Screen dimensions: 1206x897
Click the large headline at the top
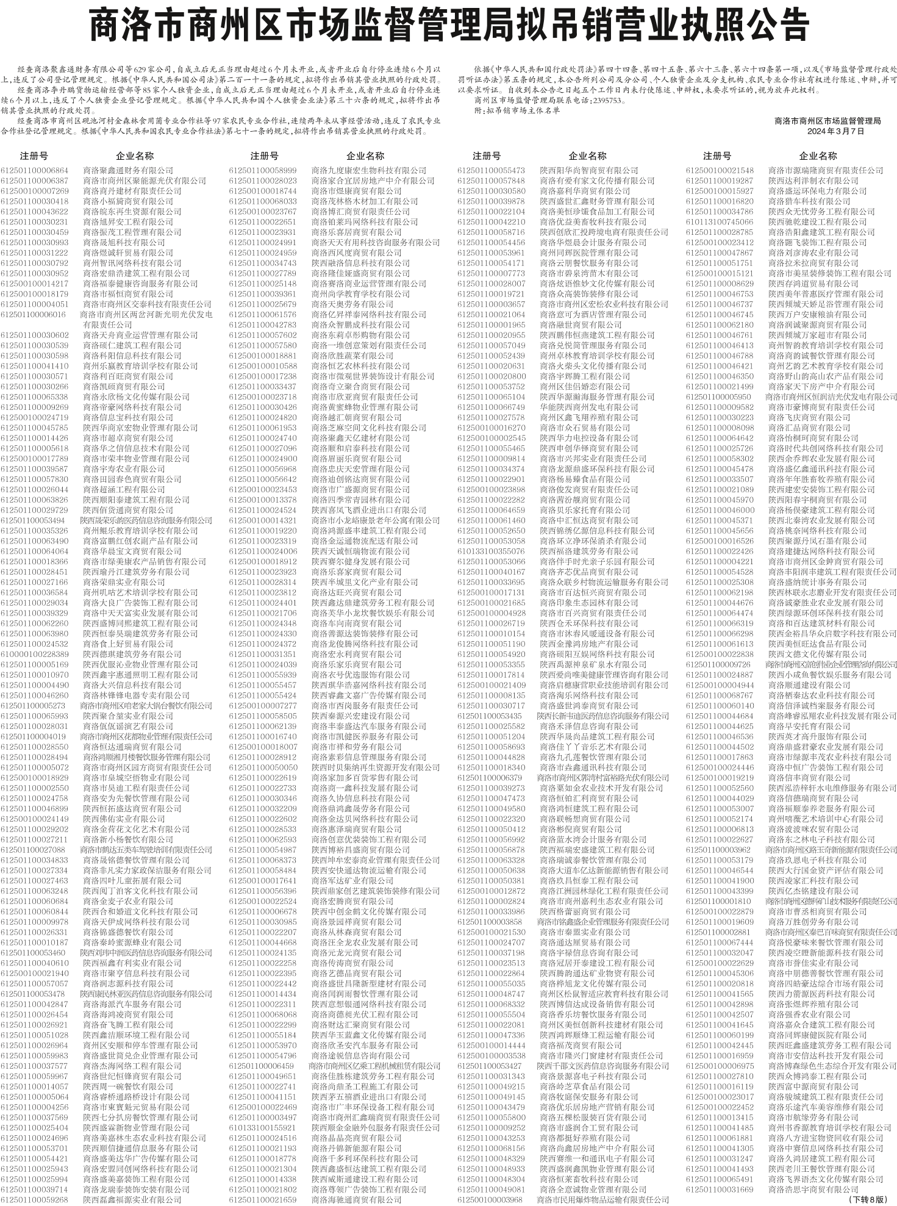click(448, 26)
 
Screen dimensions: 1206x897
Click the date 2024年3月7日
click(835, 131)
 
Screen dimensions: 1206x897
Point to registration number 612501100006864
click(35, 170)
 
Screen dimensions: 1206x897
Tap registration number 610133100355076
click(491, 551)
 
